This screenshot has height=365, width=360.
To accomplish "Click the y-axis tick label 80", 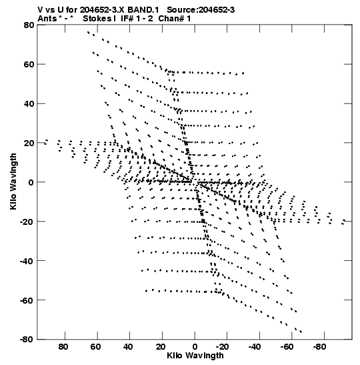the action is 29,25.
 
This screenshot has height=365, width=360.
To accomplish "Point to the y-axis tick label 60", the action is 29,64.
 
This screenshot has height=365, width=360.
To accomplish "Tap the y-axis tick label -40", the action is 27,261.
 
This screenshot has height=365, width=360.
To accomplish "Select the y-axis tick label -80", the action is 27,340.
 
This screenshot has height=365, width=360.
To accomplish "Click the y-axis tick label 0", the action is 31,182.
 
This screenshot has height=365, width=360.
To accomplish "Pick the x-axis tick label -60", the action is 286,347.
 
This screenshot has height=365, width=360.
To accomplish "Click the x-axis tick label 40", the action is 128,347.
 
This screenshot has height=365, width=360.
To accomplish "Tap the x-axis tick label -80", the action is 319,347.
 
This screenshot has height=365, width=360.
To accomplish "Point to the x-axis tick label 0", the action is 195,347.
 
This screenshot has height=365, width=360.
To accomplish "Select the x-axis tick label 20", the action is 161,347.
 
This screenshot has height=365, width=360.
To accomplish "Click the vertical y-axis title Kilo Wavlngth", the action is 13,181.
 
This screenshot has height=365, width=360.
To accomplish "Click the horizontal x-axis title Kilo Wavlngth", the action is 195,356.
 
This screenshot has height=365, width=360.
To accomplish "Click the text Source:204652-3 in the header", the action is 201,10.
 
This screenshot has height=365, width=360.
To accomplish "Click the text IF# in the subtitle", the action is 127,19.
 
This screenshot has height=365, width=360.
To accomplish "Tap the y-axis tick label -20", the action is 27,222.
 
